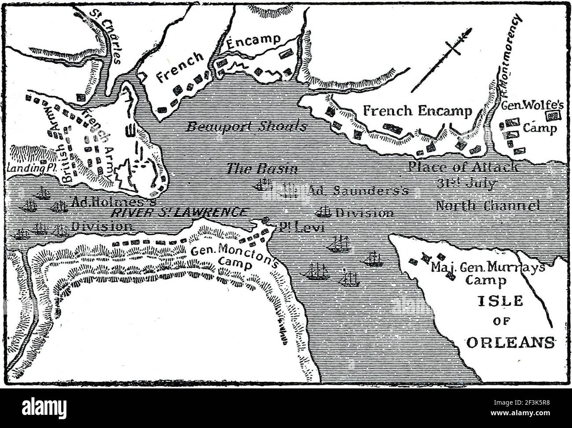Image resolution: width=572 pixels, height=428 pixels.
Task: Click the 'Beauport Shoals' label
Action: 246,127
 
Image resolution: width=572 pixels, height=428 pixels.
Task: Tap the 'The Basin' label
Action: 262,169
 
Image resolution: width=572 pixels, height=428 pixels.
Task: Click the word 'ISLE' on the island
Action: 501,301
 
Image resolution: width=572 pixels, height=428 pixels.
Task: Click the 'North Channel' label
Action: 488,205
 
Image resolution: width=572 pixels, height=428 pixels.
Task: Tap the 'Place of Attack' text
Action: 463,167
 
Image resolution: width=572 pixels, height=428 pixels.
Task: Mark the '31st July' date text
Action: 466,183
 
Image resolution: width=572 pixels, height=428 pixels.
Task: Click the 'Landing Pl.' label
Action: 26,168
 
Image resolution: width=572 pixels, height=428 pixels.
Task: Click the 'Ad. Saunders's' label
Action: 359,190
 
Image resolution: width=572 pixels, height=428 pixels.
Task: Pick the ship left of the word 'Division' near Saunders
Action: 323,212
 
